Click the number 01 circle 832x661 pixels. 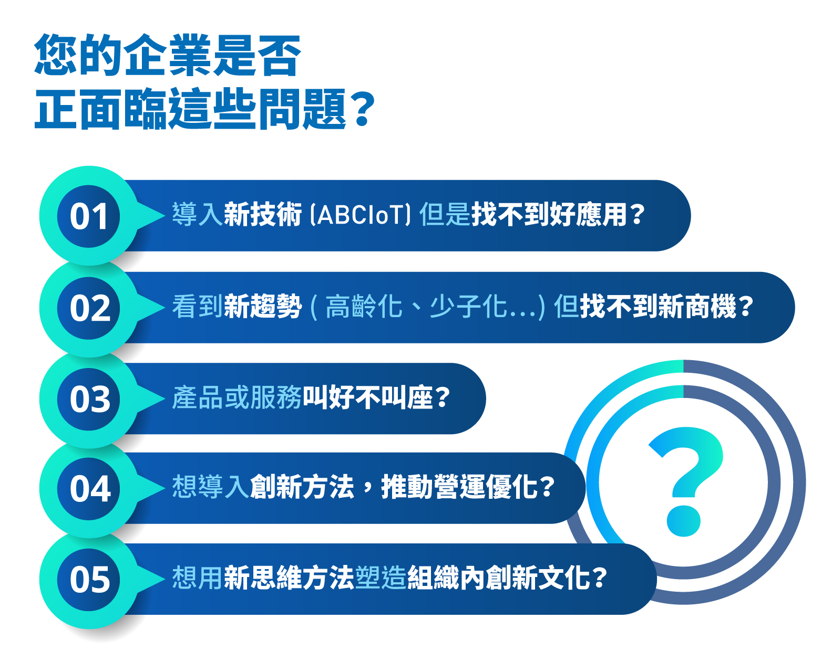88,216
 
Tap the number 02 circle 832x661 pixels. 88,308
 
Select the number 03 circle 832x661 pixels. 88,399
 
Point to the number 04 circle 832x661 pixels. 88,489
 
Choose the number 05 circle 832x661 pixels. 88,580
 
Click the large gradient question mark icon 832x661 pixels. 685,481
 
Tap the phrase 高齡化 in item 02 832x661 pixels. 364,307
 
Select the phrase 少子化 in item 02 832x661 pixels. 468,307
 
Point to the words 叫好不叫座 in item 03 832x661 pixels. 368,397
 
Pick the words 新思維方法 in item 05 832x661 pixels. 289,578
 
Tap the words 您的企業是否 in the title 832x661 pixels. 168,55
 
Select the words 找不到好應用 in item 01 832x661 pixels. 549,214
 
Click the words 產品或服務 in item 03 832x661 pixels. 237,397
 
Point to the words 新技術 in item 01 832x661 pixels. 263,214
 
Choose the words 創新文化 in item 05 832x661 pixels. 537,578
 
